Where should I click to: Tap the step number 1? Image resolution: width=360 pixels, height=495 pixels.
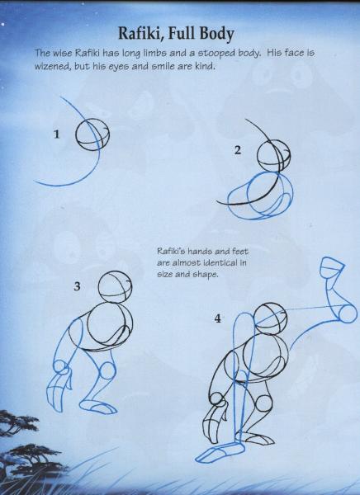(57, 134)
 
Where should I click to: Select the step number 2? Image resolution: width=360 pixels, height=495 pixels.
(238, 150)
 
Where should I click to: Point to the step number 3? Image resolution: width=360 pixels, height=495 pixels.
(77, 286)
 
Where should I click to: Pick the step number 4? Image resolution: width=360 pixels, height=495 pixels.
(217, 318)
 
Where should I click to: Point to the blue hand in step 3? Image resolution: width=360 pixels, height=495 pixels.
(50, 394)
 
